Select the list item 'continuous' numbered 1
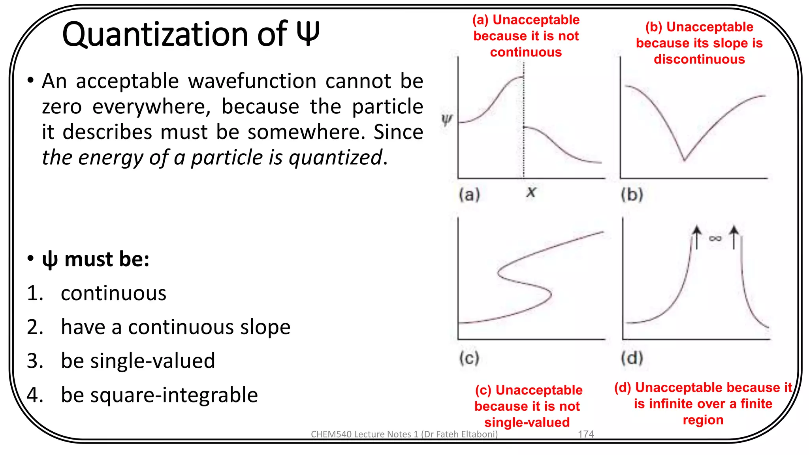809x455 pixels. [113, 293]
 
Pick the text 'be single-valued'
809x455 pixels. [138, 361]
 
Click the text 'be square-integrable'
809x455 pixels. [159, 395]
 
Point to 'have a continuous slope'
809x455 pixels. [175, 327]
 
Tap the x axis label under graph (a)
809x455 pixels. [531, 192]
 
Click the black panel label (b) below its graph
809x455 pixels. [632, 194]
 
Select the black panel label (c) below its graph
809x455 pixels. [469, 358]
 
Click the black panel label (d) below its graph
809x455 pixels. [632, 358]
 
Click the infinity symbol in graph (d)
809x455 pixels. [715, 238]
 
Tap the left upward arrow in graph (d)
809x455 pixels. [697, 237]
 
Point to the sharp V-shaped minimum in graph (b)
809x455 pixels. [684, 160]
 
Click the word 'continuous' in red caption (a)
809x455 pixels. [526, 52]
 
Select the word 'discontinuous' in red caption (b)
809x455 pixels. [699, 59]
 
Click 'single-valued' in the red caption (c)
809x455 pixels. [527, 422]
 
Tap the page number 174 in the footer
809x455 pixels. [586, 434]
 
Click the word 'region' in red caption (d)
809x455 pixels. [703, 420]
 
